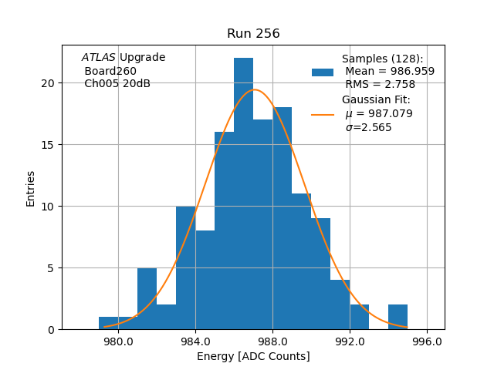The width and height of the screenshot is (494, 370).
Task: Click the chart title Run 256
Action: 253,34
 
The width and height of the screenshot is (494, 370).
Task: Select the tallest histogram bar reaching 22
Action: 243,193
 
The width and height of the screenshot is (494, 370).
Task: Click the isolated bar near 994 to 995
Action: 398,317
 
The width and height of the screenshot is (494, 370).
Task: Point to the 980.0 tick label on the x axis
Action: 118,341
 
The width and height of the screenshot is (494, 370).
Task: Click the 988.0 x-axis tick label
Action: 272,341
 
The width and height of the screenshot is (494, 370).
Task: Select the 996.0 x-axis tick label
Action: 427,341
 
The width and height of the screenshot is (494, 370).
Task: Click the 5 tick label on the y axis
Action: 51,268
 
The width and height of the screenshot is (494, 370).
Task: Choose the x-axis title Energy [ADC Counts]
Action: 253,356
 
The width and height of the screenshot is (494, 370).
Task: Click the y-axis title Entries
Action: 31,188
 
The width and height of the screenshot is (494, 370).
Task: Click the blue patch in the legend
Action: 323,72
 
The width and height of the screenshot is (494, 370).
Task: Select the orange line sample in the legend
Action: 323,114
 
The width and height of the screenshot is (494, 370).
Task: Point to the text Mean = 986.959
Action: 390,72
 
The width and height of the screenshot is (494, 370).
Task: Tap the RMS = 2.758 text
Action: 380,85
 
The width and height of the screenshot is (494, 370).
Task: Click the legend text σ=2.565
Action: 368,127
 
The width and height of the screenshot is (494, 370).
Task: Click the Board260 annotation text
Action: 110,71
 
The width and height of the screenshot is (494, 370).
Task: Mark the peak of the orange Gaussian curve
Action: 255,89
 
